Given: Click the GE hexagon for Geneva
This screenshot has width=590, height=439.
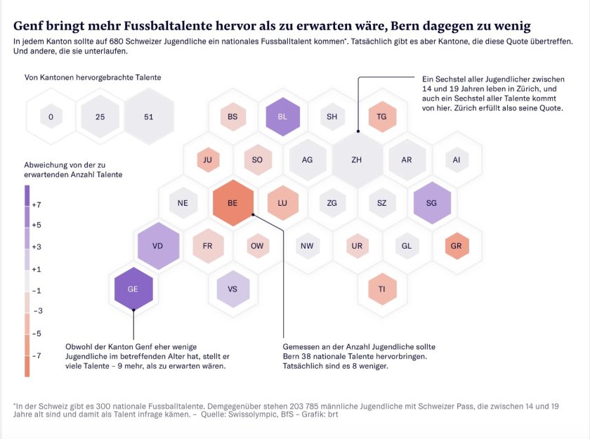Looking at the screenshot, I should [x=133, y=289].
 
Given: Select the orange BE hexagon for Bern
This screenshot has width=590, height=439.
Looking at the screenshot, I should [x=232, y=203].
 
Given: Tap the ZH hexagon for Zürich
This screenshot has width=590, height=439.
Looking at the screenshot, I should [x=357, y=159].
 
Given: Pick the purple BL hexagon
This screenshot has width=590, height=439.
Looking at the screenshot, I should [x=283, y=117].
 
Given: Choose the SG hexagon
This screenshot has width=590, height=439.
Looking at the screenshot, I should [x=432, y=203].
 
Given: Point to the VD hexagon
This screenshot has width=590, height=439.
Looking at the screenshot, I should [x=158, y=246].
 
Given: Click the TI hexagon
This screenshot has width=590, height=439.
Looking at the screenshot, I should [x=382, y=289].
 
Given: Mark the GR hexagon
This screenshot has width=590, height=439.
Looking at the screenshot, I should [x=457, y=246].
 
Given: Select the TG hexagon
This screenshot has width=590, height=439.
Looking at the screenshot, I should [x=382, y=117].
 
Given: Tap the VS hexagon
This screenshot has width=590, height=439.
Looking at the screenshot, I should [x=232, y=289].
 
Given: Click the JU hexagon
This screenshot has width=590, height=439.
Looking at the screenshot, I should [x=208, y=159].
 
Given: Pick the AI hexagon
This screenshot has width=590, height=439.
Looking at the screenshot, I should [x=457, y=159].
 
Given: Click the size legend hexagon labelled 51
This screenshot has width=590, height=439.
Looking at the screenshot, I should [x=148, y=117].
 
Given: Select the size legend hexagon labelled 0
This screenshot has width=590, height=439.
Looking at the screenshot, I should [x=51, y=117].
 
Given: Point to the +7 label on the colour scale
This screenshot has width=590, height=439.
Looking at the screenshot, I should [x=37, y=204].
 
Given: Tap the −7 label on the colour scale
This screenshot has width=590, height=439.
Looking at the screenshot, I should [x=37, y=355].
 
